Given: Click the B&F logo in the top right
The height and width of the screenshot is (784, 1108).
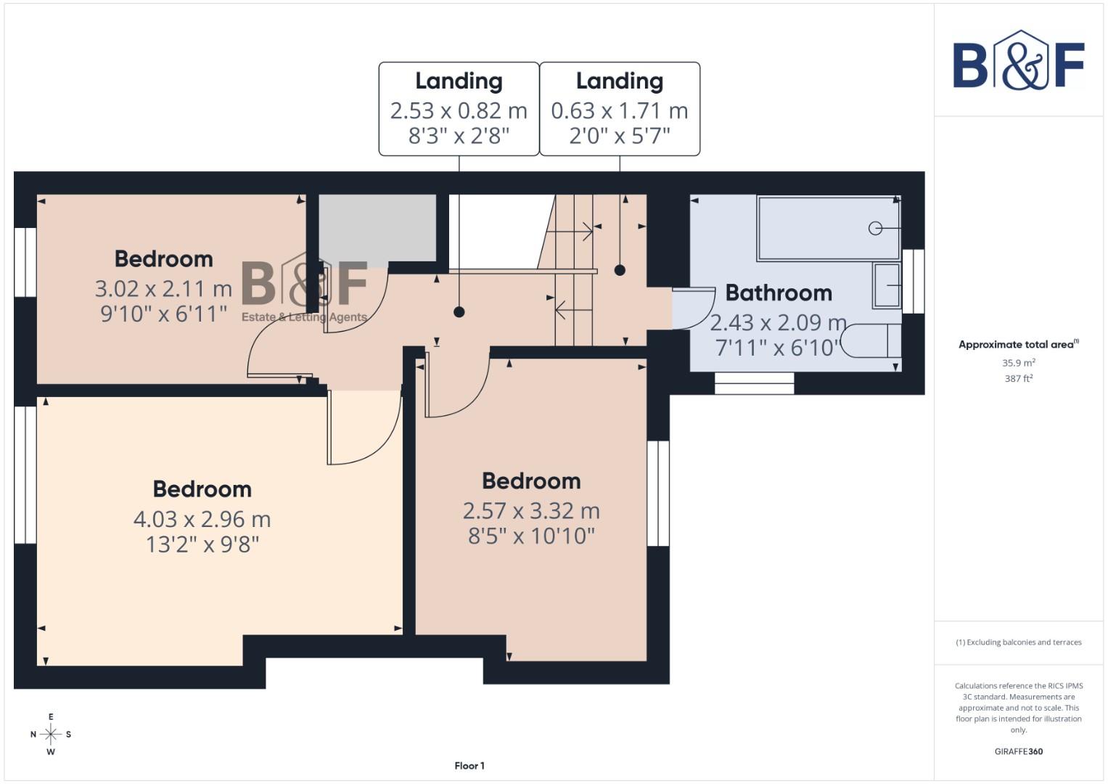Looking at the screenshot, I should tap(1018, 61).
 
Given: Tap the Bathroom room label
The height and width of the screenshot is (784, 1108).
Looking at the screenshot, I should tap(779, 293).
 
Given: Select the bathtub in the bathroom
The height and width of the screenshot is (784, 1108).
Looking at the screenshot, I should tap(828, 228).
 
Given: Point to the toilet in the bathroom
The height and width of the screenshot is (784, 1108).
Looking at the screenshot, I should tap(871, 341).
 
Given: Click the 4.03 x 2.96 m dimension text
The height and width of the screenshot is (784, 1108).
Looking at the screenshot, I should tap(202, 519).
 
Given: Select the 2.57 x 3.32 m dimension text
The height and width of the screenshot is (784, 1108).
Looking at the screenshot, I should tap(531, 511).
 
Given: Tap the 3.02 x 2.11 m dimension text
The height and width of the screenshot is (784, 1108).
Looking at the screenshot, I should tap(163, 289).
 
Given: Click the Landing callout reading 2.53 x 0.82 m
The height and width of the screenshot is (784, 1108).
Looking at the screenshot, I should tap(459, 109).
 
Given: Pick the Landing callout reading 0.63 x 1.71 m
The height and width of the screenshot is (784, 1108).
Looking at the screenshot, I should tap(620, 109).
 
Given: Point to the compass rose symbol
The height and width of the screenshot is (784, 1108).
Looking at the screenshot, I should tap(51, 734).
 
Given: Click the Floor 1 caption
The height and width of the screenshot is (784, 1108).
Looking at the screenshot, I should tap(469, 766).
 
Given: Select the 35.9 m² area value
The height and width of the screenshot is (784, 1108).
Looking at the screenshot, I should tap(1018, 362).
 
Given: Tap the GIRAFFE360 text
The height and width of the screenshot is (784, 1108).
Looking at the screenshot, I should tap(1018, 751).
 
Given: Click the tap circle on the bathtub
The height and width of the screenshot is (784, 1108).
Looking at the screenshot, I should tap(875, 228).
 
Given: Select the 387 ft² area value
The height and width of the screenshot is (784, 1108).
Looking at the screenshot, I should tap(1018, 378).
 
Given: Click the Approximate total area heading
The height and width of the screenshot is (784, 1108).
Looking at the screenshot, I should tap(1018, 345).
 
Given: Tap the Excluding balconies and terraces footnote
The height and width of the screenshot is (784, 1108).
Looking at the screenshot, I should tap(1018, 642).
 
